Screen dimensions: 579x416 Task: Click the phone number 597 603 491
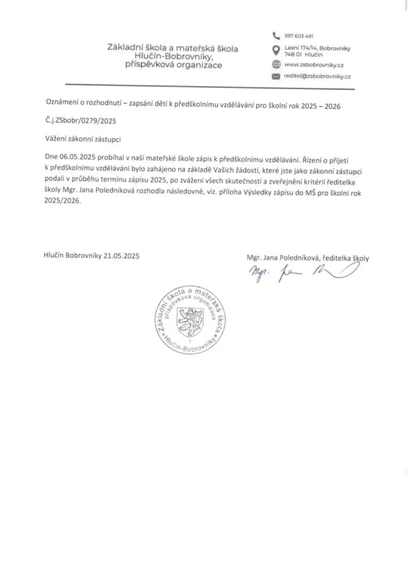click(x=299, y=36)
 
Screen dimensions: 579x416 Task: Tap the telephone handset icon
click(x=275, y=36)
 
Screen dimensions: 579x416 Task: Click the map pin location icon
click(x=276, y=50)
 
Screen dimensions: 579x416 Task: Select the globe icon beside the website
click(x=276, y=65)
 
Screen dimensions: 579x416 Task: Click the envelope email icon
click(x=276, y=77)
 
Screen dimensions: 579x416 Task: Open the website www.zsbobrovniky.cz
click(x=314, y=65)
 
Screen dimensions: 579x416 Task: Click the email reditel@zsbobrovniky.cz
click(x=317, y=77)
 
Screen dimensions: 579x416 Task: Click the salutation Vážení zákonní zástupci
click(x=83, y=139)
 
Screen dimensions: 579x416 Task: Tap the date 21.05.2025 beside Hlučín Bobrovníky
click(x=121, y=256)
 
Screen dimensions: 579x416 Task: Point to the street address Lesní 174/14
click(x=301, y=49)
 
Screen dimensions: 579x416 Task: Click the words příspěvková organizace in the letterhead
click(x=173, y=65)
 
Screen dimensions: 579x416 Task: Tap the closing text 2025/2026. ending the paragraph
click(x=63, y=202)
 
